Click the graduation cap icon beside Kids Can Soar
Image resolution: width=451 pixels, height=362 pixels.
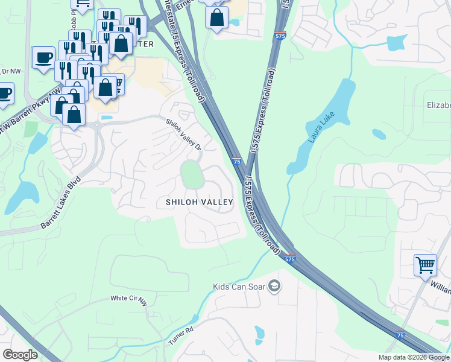tap(274, 285)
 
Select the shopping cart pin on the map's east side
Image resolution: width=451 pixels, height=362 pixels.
tap(425, 265)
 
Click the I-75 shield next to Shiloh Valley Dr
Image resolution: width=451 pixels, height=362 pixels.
tap(236, 161)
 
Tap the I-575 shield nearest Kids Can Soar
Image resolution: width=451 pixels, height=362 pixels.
tap(290, 259)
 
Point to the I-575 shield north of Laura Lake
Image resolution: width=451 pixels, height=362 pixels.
tap(280, 36)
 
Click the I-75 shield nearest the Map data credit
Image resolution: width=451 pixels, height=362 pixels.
tap(400, 335)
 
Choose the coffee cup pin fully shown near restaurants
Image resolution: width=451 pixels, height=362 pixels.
tap(43, 57)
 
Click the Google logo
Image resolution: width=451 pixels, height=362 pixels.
tap(20, 354)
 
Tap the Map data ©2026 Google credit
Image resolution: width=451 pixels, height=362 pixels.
tap(414, 357)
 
